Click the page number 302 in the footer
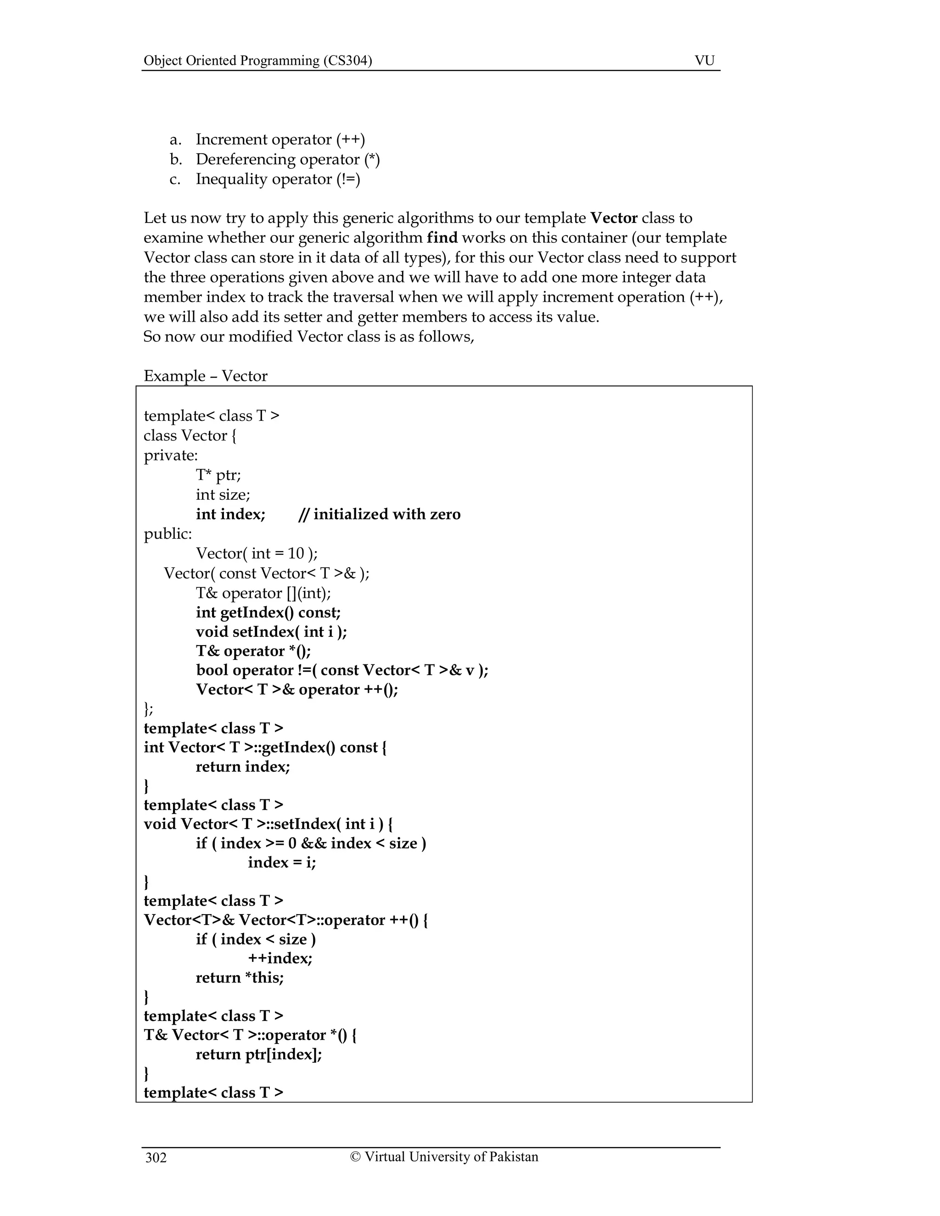156,1158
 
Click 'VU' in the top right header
705,60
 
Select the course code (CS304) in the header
347,60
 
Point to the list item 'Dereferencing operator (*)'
287,159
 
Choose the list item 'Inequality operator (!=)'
278,179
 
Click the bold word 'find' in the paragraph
442,238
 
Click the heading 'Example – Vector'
206,376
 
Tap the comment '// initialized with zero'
379,514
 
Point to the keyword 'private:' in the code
170,456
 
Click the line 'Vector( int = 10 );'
257,553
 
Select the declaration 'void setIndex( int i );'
271,631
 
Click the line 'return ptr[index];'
259,1054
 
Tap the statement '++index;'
280,958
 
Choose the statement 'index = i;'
282,863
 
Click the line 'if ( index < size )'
256,939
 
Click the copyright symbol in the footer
356,1156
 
